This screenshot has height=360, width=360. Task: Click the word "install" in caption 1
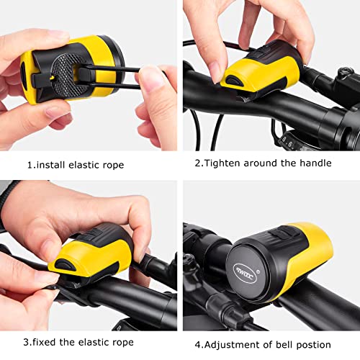point(55,165)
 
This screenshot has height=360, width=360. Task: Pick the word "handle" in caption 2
point(314,163)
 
